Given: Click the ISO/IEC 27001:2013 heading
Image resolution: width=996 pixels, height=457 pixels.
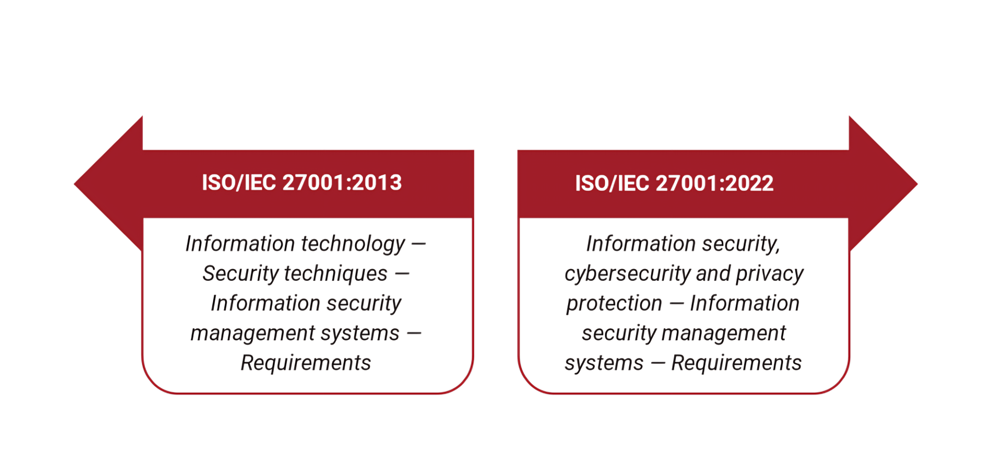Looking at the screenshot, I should click(302, 183).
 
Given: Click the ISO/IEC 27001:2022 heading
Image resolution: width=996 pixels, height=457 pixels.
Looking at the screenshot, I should click(674, 184).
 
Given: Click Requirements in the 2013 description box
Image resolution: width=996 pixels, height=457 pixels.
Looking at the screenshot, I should click(306, 363).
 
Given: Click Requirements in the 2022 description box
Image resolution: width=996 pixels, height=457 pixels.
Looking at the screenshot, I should click(736, 363).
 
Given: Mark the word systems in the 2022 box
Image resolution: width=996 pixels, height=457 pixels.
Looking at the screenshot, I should click(604, 363).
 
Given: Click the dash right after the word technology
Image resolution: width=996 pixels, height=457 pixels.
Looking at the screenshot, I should click(419, 244).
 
